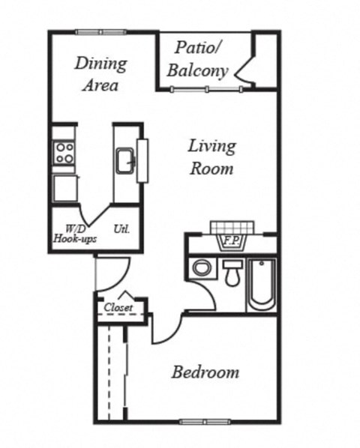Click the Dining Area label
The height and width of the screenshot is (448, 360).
(100, 73)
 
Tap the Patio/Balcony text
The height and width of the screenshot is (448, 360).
(197, 60)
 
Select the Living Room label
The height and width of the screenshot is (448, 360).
(211, 157)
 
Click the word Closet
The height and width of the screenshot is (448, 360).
(118, 307)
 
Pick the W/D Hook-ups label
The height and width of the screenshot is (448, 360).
(72, 234)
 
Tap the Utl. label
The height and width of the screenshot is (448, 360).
(121, 229)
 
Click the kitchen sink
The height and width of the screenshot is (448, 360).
(124, 160)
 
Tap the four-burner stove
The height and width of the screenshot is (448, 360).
(64, 153)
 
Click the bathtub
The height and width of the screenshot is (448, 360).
(262, 284)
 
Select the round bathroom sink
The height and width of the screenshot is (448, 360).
(201, 267)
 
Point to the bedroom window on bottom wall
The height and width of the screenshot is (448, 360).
(202, 421)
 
